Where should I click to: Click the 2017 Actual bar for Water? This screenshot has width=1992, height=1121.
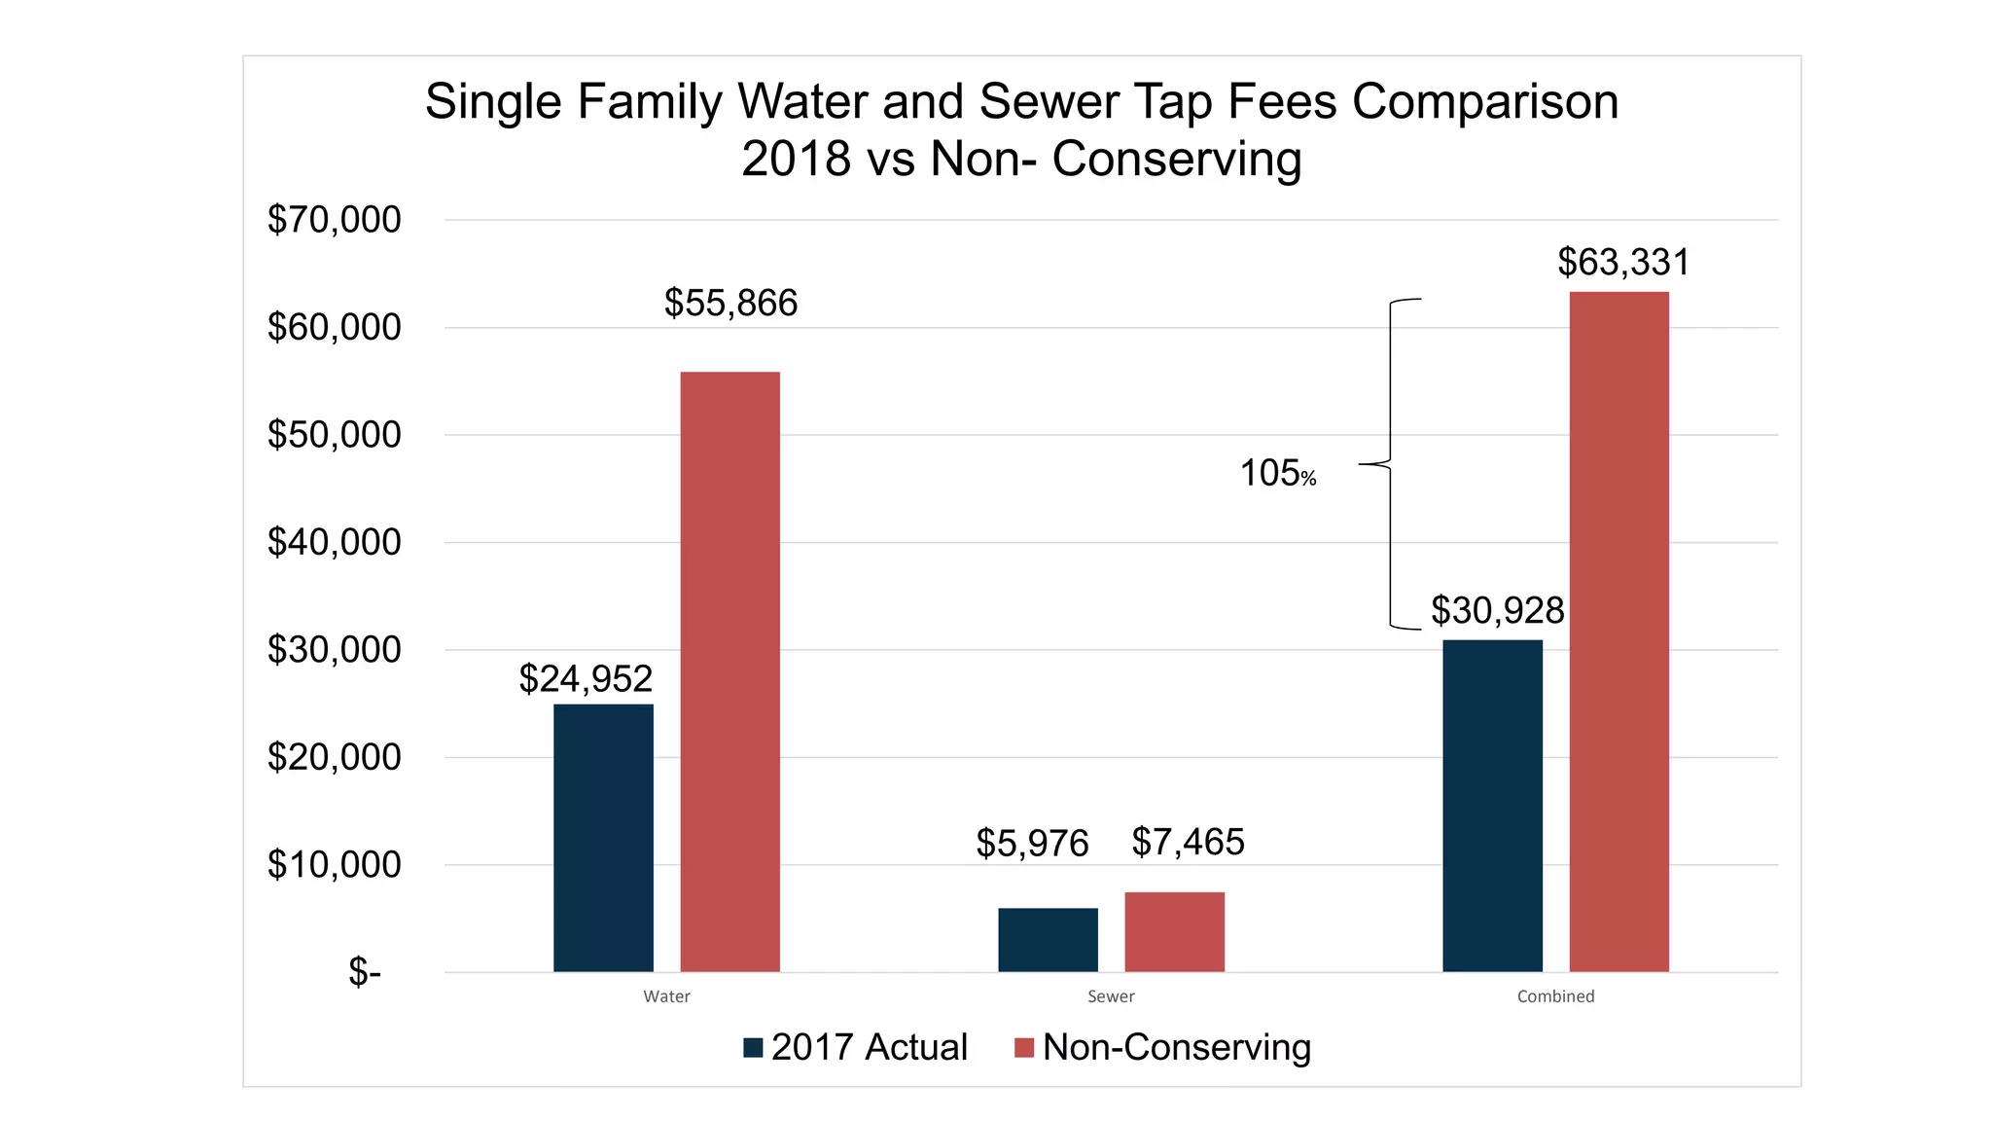click(603, 837)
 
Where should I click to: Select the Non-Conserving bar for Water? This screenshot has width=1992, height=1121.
click(729, 671)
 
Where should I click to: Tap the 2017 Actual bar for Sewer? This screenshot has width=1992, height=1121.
click(1048, 939)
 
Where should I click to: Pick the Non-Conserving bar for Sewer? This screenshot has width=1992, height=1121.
click(1174, 931)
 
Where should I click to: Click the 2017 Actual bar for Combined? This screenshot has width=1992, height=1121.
click(1492, 805)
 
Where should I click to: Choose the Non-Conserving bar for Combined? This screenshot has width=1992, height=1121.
click(1618, 632)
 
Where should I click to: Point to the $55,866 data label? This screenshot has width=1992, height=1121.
click(730, 304)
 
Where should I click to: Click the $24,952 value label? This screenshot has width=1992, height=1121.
click(586, 678)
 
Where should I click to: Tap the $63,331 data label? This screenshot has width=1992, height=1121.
click(1623, 263)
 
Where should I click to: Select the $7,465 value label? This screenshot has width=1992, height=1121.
click(1188, 843)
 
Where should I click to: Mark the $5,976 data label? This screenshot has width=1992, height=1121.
click(1032, 844)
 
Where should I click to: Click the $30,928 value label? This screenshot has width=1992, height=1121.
click(1497, 611)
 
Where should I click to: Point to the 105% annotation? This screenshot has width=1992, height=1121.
click(1277, 474)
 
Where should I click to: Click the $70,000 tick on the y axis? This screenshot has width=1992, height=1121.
click(334, 220)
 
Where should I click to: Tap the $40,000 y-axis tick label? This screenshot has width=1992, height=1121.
click(334, 542)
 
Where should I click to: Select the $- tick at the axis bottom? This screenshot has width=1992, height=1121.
click(365, 972)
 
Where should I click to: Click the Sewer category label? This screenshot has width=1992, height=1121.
click(1111, 996)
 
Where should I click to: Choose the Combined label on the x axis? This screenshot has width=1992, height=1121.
click(1555, 996)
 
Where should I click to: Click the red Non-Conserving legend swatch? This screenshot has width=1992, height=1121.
click(1023, 1048)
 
